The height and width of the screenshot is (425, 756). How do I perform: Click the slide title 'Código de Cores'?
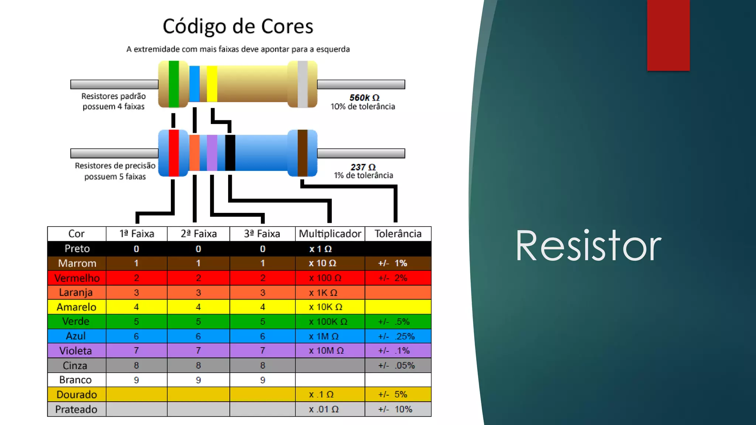(238, 27)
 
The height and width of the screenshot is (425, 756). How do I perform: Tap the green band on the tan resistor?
(174, 84)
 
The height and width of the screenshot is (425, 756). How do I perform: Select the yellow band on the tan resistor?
(212, 84)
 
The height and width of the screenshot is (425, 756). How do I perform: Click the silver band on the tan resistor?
(303, 84)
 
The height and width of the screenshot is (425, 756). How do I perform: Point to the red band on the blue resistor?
(174, 153)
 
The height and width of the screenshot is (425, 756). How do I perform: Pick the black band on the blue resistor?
(230, 153)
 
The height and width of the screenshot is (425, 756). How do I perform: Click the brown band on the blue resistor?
(303, 153)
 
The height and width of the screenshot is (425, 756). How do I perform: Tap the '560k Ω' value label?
(364, 98)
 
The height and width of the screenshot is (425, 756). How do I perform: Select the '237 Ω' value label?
(363, 167)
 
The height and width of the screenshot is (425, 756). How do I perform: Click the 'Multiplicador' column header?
(330, 234)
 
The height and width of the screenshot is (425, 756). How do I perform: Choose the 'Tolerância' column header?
(398, 234)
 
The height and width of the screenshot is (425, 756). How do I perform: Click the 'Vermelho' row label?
(77, 278)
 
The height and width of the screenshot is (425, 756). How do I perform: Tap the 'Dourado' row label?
(77, 394)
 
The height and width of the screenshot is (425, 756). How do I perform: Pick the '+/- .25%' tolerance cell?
(396, 336)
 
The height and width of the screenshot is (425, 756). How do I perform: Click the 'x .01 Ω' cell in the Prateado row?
(324, 409)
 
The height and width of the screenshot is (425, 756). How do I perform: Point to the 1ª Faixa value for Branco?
(137, 380)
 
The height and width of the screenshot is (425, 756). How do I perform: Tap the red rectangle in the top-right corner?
(668, 35)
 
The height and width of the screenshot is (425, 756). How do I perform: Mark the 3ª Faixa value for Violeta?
(262, 350)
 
